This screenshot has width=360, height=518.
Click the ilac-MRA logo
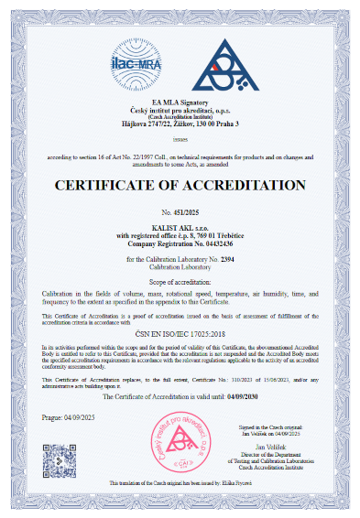[x=136, y=63]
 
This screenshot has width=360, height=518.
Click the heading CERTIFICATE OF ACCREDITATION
[x=180, y=186]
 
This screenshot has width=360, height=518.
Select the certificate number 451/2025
[x=189, y=213]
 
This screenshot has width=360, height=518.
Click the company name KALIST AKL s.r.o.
[x=180, y=226]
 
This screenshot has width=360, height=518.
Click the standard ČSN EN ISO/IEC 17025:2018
[x=180, y=333]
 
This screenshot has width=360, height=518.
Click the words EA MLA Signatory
[x=180, y=102]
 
